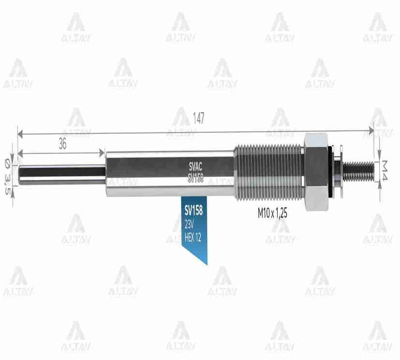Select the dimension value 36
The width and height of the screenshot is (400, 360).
(62, 144)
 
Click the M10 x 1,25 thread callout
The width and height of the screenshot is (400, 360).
(272, 214)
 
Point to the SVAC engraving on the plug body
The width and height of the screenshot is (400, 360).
(195, 166)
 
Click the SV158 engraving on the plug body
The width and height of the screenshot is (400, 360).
(195, 178)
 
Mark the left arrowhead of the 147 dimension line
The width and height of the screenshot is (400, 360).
(20, 131)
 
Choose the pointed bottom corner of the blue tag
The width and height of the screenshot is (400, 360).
(207, 264)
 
